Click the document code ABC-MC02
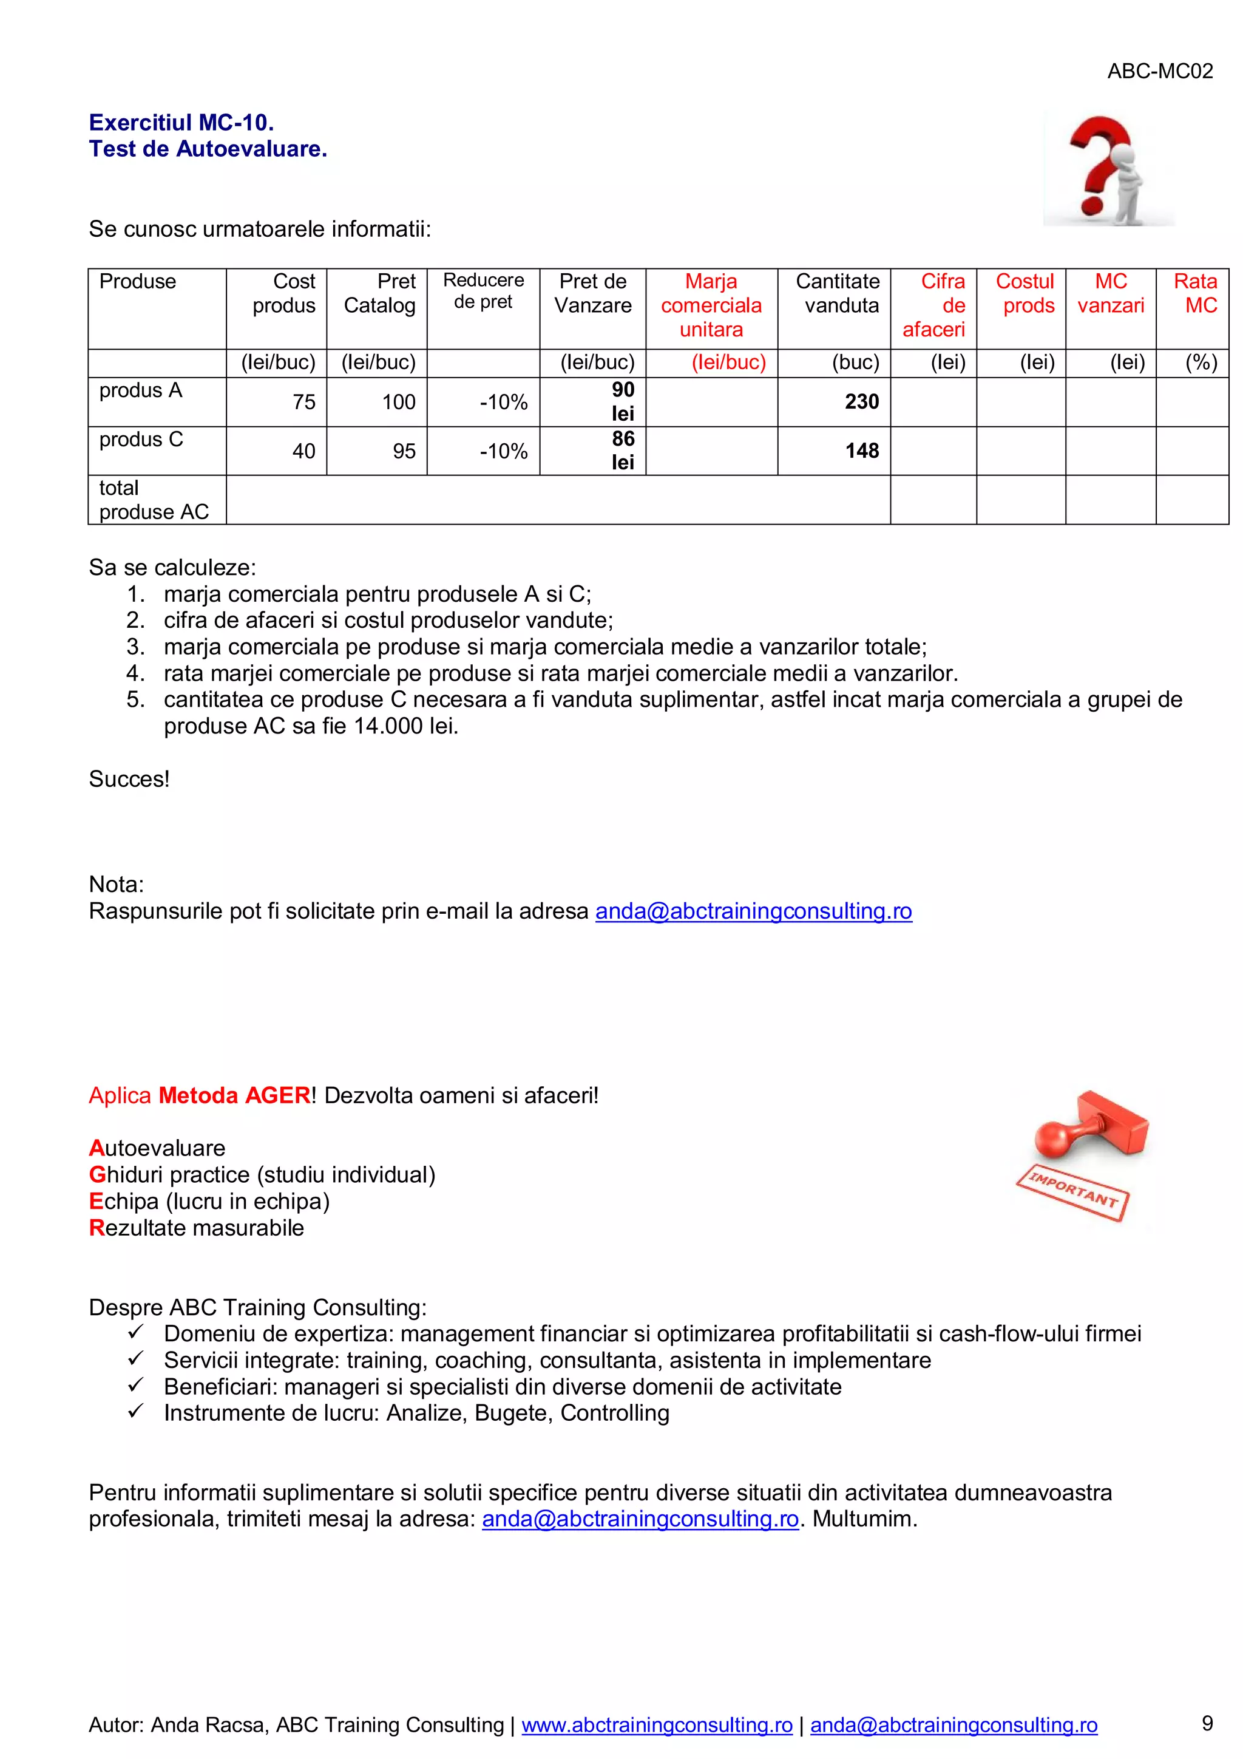[x=1159, y=71]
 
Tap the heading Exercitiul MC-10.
[x=181, y=123]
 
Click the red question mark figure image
[x=1108, y=169]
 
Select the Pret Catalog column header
[x=379, y=293]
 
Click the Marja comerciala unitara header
[x=711, y=305]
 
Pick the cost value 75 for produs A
[x=303, y=402]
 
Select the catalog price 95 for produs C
[x=404, y=451]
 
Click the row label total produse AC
[x=153, y=500]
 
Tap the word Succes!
[x=129, y=779]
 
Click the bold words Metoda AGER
[x=234, y=1095]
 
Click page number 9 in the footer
[x=1207, y=1723]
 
